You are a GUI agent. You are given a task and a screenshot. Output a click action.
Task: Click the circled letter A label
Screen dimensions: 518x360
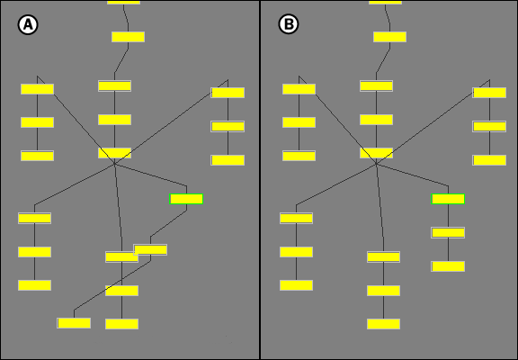[28, 25]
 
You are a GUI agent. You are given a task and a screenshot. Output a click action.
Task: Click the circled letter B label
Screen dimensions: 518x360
[289, 24]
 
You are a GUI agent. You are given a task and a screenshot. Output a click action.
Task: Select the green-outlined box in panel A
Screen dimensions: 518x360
[186, 199]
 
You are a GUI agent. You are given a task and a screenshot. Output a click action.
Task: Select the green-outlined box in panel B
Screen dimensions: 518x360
[448, 199]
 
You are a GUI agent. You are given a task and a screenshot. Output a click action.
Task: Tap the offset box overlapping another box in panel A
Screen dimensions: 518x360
[150, 249]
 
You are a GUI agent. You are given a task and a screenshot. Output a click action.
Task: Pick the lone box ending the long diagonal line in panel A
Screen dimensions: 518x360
[74, 323]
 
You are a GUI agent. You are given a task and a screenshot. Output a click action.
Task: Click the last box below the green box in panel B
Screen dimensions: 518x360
[448, 266]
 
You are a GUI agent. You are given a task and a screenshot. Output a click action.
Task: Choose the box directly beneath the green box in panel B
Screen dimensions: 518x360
[448, 233]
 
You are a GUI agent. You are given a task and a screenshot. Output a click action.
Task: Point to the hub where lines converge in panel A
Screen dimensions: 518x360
[114, 163]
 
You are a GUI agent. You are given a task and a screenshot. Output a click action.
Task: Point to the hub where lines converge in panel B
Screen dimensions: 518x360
[376, 163]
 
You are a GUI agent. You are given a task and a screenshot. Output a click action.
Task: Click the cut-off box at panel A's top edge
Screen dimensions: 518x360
[123, 2]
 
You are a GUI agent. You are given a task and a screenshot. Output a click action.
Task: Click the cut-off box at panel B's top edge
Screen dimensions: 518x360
[385, 2]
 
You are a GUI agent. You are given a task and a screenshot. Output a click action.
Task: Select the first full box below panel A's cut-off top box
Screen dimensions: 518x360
[129, 37]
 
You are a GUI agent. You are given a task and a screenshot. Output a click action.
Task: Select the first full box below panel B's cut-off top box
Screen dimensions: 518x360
[389, 37]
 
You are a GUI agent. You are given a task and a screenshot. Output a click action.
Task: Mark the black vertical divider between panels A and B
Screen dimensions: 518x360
[260, 180]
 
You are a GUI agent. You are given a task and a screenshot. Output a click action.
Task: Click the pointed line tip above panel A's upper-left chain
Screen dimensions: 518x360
[38, 76]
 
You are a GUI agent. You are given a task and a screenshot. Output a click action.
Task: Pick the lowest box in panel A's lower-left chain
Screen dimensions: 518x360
[35, 285]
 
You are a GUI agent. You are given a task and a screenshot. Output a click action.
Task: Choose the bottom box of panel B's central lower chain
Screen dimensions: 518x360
[383, 324]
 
